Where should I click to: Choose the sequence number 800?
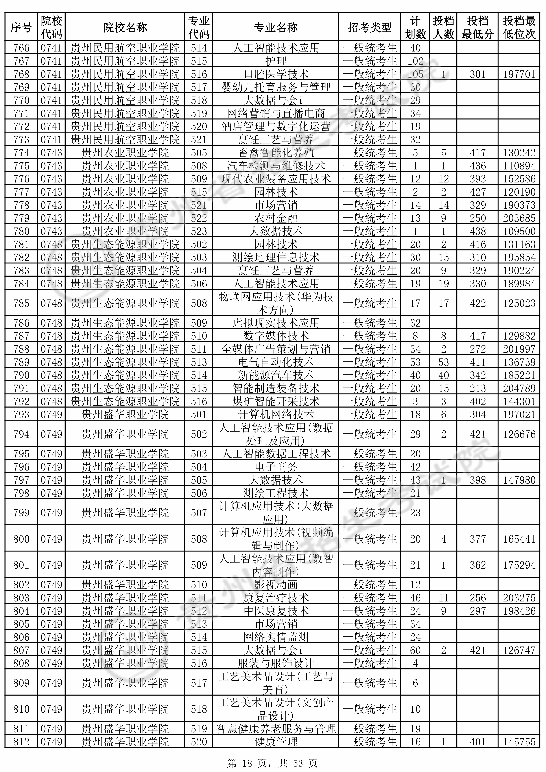click(21, 539)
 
